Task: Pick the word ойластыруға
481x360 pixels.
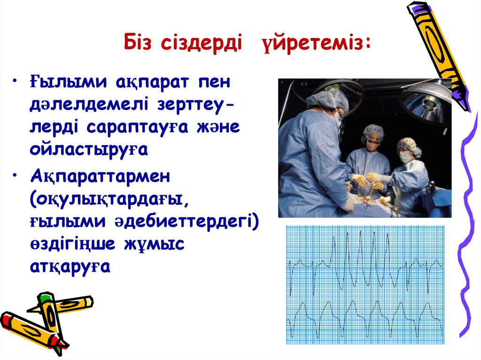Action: click(88, 149)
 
